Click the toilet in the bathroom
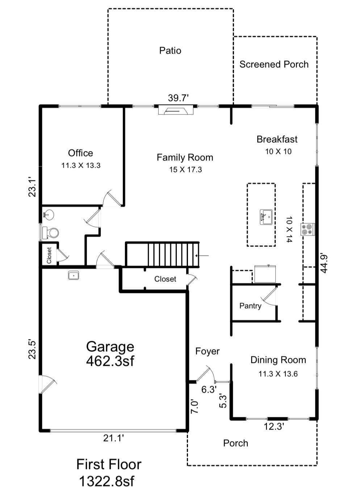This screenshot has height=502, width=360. pyautogui.click(x=50, y=233)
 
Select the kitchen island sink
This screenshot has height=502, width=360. pyautogui.click(x=266, y=217)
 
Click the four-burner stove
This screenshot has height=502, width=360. pyautogui.click(x=308, y=229)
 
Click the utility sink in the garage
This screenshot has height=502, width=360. pyautogui.click(x=74, y=276)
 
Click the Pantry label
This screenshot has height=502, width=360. pyautogui.click(x=250, y=306)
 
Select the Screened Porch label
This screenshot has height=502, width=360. pyautogui.click(x=274, y=64)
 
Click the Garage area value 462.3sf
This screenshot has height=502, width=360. pyautogui.click(x=110, y=361)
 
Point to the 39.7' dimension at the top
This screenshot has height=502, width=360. pyautogui.click(x=178, y=98)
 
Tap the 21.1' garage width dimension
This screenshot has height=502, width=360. pyautogui.click(x=113, y=438)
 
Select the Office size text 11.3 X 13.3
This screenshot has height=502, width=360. pyautogui.click(x=81, y=166)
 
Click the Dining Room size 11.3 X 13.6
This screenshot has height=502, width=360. pyautogui.click(x=278, y=374)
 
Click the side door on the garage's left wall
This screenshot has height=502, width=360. pyautogui.click(x=46, y=384)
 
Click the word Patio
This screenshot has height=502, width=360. pyautogui.click(x=170, y=50)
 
